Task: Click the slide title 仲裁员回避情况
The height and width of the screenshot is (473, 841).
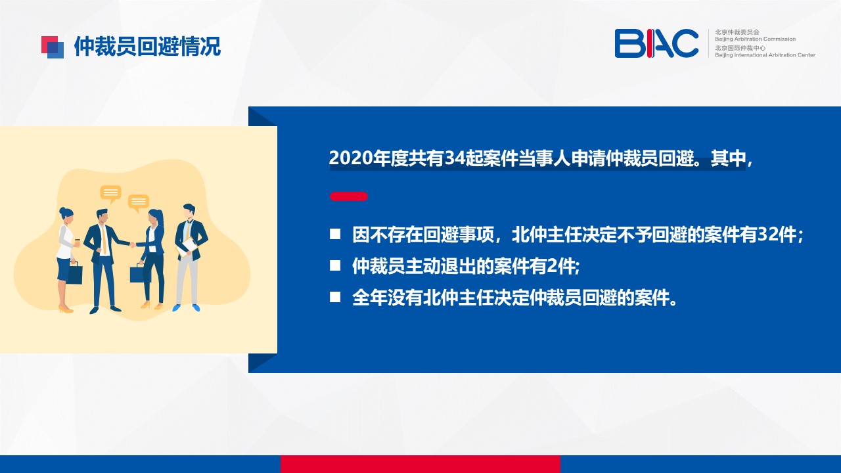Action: click(x=147, y=47)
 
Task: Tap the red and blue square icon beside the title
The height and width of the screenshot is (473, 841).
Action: click(x=53, y=47)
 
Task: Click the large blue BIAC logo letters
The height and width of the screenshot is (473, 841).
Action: click(x=656, y=43)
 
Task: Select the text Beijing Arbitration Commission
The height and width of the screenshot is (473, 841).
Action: click(x=755, y=39)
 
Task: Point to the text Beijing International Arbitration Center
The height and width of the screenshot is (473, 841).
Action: click(x=765, y=55)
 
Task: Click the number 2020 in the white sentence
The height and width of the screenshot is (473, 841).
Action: click(x=351, y=158)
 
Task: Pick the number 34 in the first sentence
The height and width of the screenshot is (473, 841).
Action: click(x=455, y=158)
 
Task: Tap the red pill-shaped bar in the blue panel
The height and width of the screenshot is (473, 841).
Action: click(x=349, y=196)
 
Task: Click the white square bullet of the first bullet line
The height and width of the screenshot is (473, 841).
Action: click(x=335, y=235)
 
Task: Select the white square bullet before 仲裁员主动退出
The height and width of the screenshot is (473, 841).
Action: click(x=335, y=266)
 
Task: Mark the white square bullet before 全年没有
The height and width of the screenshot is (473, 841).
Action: click(x=335, y=298)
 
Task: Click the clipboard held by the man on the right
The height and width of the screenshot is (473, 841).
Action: click(x=187, y=247)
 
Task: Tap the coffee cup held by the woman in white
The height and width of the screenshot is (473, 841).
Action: click(x=77, y=242)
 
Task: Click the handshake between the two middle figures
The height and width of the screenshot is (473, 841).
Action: click(x=133, y=245)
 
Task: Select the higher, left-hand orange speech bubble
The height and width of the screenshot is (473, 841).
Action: click(x=111, y=193)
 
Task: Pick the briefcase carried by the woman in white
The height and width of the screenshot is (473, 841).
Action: click(x=75, y=273)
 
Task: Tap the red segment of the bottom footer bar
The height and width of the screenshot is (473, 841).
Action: click(x=420, y=464)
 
